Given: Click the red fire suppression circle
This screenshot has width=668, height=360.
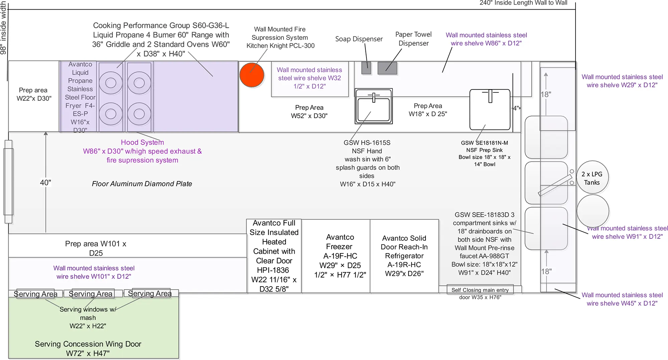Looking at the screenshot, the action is click(x=252, y=75).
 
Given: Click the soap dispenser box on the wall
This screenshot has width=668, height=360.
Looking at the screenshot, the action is click(x=366, y=68).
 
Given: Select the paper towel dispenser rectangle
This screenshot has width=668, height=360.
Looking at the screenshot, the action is click(x=387, y=68).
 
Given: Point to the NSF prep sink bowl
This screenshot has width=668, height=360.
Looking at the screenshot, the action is click(x=490, y=110).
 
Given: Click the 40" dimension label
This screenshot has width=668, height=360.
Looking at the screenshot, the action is click(x=45, y=183).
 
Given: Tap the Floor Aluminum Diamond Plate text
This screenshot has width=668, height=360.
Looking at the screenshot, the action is click(x=142, y=184).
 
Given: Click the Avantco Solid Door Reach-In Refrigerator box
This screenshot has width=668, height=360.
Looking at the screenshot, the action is click(x=404, y=256).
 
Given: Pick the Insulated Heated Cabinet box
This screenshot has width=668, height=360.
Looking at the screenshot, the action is click(x=274, y=256).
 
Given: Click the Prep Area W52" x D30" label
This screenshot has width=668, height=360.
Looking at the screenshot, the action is click(x=309, y=112).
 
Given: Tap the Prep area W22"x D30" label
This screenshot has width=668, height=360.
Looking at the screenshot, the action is click(x=34, y=94).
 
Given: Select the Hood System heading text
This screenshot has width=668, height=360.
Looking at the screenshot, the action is click(x=142, y=142).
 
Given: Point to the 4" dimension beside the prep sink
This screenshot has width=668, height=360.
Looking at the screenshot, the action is click(x=516, y=108).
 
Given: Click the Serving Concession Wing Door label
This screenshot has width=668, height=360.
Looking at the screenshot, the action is click(x=88, y=348).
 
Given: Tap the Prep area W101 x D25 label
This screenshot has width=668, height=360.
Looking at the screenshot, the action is click(x=96, y=248).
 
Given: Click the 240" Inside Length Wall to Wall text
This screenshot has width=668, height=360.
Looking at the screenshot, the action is click(x=523, y=3).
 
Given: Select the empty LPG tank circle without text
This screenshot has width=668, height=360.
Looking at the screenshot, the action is click(x=593, y=211).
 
